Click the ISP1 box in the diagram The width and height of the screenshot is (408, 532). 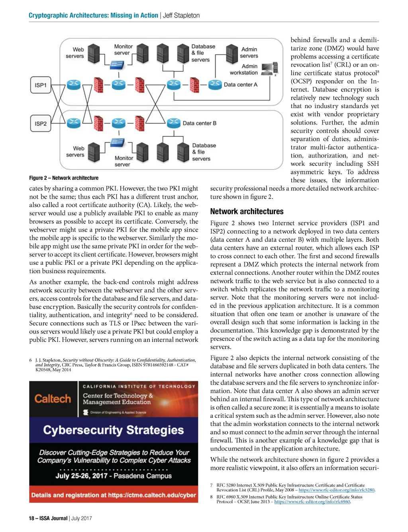[41, 85]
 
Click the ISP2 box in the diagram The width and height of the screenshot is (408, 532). [41, 124]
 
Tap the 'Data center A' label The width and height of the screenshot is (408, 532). [240, 85]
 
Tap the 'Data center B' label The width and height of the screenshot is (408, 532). [199, 123]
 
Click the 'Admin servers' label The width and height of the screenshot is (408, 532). [249, 53]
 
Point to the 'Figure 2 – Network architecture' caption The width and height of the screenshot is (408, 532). [64, 178]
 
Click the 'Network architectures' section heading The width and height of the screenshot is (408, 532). [247, 211]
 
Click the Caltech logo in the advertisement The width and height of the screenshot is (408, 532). [53, 399]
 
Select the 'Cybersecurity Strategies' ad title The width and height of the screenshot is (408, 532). [114, 430]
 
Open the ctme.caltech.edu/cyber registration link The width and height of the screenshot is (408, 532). [152, 495]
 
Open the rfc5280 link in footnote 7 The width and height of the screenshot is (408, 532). [336, 490]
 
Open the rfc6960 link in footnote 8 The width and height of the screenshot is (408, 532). [312, 502]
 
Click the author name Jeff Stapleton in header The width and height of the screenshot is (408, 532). [181, 16]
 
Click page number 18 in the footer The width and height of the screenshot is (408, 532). [31, 518]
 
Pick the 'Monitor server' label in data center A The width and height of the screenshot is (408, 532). [123, 50]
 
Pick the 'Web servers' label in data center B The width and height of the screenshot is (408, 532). [75, 152]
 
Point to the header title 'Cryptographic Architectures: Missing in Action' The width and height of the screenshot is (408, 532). [93, 16]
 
